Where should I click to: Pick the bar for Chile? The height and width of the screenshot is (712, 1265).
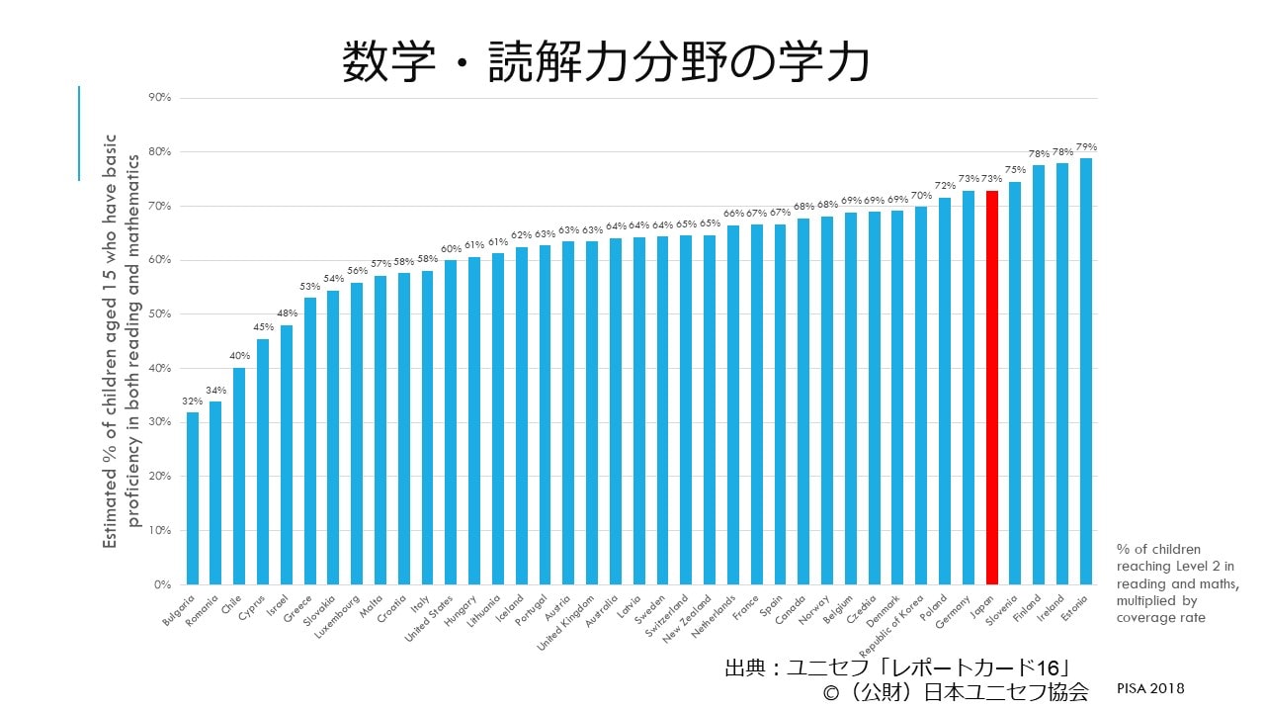coord(239,476)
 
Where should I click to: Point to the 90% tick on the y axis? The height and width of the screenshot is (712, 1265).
coord(159,98)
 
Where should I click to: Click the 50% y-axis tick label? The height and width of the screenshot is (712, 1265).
coord(159,314)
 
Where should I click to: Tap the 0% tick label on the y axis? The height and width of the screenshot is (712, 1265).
coord(163,584)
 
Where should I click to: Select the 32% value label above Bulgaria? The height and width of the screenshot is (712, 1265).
coord(192,401)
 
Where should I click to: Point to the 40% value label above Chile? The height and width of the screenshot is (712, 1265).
coord(239,357)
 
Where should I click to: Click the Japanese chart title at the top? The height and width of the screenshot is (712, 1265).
coord(606,63)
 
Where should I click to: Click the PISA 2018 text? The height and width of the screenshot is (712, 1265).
coord(1151,688)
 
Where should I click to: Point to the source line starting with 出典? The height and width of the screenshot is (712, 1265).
coord(897,667)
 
